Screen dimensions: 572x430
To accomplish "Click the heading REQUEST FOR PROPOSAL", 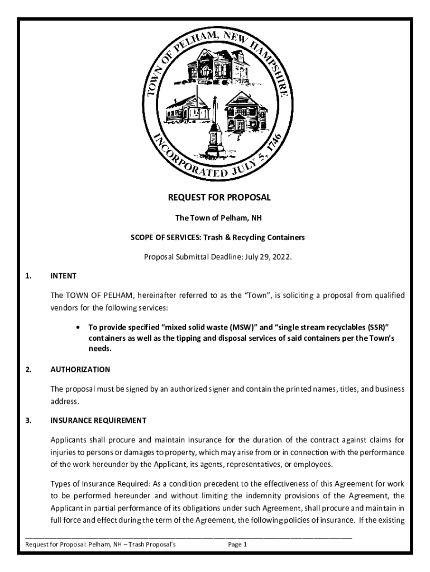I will click(x=219, y=197).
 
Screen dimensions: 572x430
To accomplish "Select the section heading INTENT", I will click(x=63, y=275).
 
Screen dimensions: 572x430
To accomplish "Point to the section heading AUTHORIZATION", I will click(x=80, y=369).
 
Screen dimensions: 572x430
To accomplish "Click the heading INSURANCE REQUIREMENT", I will click(x=98, y=420).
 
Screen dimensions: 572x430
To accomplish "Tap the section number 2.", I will click(x=28, y=369).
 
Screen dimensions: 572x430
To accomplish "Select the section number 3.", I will click(x=28, y=420).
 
